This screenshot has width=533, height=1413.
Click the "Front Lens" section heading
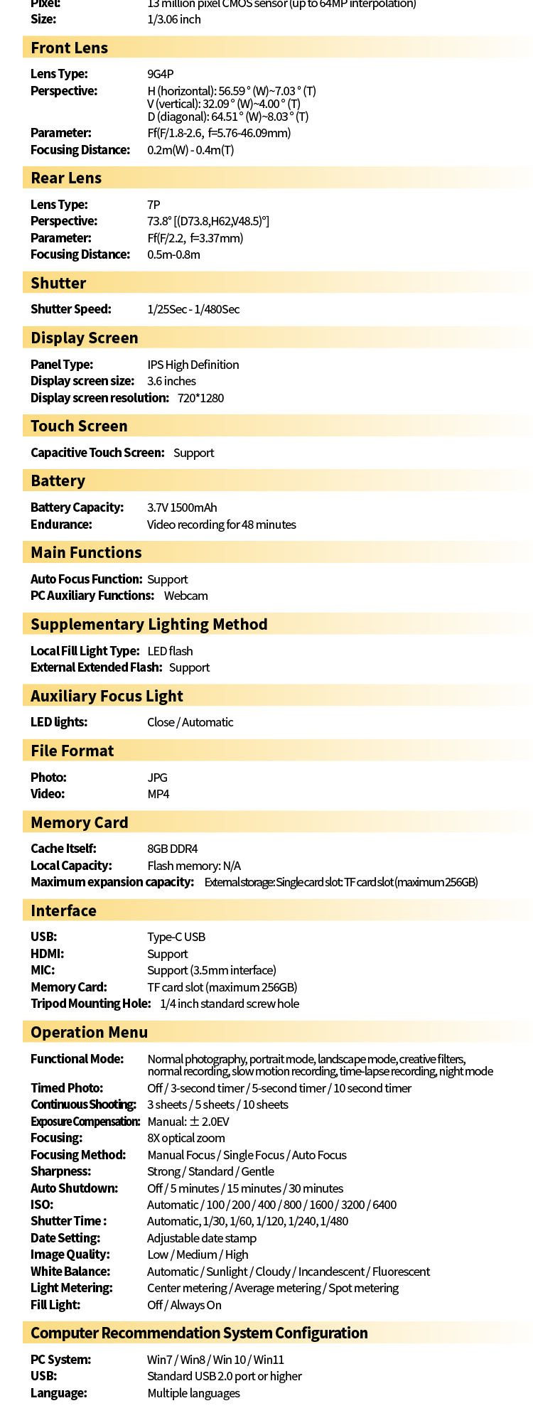pos(69,48)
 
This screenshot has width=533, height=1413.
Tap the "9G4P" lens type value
pos(160,74)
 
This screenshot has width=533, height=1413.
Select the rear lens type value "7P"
pos(154,205)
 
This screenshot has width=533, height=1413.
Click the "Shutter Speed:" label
pos(70,309)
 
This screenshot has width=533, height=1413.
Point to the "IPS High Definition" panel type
pos(193,365)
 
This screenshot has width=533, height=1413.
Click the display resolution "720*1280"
pos(200,398)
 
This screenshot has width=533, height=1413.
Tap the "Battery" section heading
pos(58,481)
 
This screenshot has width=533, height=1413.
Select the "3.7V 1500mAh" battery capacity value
pos(182,507)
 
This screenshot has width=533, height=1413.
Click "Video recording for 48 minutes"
pos(221,525)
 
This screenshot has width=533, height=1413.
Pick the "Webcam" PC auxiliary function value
pos(185,596)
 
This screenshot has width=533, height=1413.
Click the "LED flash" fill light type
pos(170,651)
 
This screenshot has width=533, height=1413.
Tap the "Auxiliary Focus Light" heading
pos(107,697)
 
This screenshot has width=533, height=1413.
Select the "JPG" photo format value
pos(157,778)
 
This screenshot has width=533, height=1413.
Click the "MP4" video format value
pos(158,794)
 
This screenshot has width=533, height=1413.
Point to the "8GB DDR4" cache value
pos(172,849)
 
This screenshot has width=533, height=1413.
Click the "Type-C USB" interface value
pos(176,937)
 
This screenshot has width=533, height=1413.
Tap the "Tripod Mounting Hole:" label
pos(90,1004)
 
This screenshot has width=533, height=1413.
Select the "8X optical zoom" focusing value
pos(185,1138)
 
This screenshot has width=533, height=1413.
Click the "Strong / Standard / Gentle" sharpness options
pos(210,1171)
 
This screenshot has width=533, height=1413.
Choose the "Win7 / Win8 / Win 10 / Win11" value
pos(215,1360)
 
